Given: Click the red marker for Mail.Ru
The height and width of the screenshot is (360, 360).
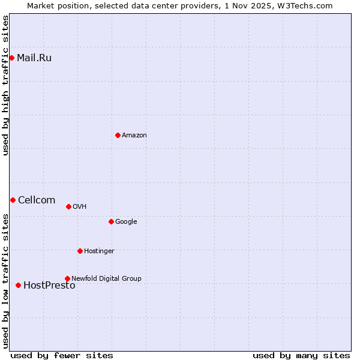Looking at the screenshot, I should click(11, 58).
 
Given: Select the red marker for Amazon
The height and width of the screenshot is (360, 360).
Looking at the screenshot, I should click(118, 135).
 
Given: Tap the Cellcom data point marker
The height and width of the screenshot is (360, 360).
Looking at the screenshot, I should click(13, 200).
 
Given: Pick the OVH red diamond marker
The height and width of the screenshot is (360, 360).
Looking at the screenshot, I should click(68, 206).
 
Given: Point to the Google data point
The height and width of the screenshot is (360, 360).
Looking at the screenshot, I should click(111, 221).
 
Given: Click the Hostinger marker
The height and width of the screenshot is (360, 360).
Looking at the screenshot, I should click(80, 251).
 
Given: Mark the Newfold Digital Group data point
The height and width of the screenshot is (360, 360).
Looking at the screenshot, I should click(67, 278).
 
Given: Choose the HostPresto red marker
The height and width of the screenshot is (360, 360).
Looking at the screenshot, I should click(18, 285).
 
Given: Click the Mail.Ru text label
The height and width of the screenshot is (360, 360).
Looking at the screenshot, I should click(34, 58).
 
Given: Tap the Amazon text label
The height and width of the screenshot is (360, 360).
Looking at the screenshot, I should click(134, 136).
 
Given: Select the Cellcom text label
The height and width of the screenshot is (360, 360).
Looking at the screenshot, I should click(37, 200).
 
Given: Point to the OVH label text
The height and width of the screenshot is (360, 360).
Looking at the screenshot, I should click(80, 207).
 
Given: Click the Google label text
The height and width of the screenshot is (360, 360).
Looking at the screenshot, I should click(126, 222).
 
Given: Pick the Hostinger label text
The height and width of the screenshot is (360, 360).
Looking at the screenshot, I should click(99, 251).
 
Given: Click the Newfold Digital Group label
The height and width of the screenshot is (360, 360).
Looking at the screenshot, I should click(106, 278).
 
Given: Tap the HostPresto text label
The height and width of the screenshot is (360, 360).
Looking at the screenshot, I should click(49, 286).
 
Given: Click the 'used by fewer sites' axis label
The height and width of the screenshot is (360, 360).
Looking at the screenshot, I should click(62, 356).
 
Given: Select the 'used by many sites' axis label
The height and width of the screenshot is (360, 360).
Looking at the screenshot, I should click(301, 356).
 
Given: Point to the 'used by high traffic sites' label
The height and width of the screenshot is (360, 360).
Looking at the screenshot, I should click(6, 85).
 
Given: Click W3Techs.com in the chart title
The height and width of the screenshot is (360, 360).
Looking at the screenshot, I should click(308, 5).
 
